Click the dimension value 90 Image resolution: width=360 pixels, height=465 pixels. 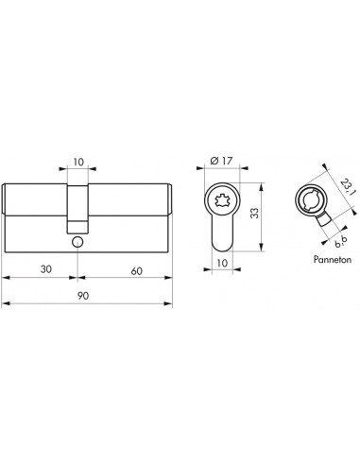pyautogui.click(x=83, y=296)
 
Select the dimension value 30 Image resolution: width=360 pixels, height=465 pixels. pyautogui.click(x=46, y=269)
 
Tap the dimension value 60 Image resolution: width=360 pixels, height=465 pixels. pyautogui.click(x=136, y=270)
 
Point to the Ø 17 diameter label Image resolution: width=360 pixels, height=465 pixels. pyautogui.click(x=221, y=161)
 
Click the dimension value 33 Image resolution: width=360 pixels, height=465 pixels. pyautogui.click(x=254, y=213)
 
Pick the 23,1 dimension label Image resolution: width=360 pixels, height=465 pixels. pyautogui.click(x=348, y=186)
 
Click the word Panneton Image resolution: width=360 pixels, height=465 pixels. pyautogui.click(x=333, y=259)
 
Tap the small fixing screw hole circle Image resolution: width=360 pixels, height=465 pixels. pyautogui.click(x=77, y=242)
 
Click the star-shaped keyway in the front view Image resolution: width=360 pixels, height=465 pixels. pyautogui.click(x=222, y=200)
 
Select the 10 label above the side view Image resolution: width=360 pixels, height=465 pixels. pyautogui.click(x=78, y=162)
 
